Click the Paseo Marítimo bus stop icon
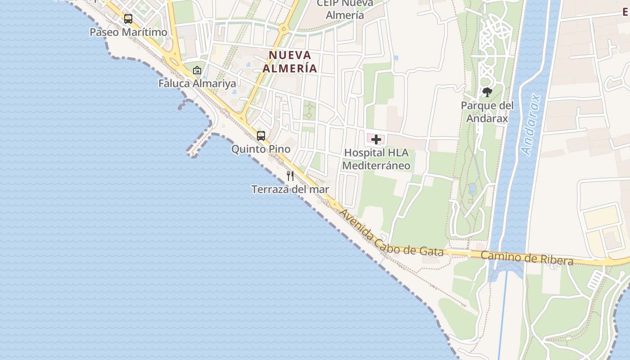[x=128, y=19]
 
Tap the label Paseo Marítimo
[x=128, y=32]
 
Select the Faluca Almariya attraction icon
[x=197, y=70]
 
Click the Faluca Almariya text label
[x=197, y=84]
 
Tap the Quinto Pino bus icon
[x=261, y=135]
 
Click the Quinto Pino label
[x=261, y=149]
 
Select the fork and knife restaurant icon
[x=290, y=176]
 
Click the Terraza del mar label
[x=290, y=189]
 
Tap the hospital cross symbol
[x=376, y=139]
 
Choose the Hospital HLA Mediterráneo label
[x=376, y=159]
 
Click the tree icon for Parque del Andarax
[x=487, y=93]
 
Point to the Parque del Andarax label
[x=487, y=112]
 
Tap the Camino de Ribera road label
[x=527, y=258]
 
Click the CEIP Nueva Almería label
[x=345, y=9]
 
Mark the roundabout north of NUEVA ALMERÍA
[x=283, y=30]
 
